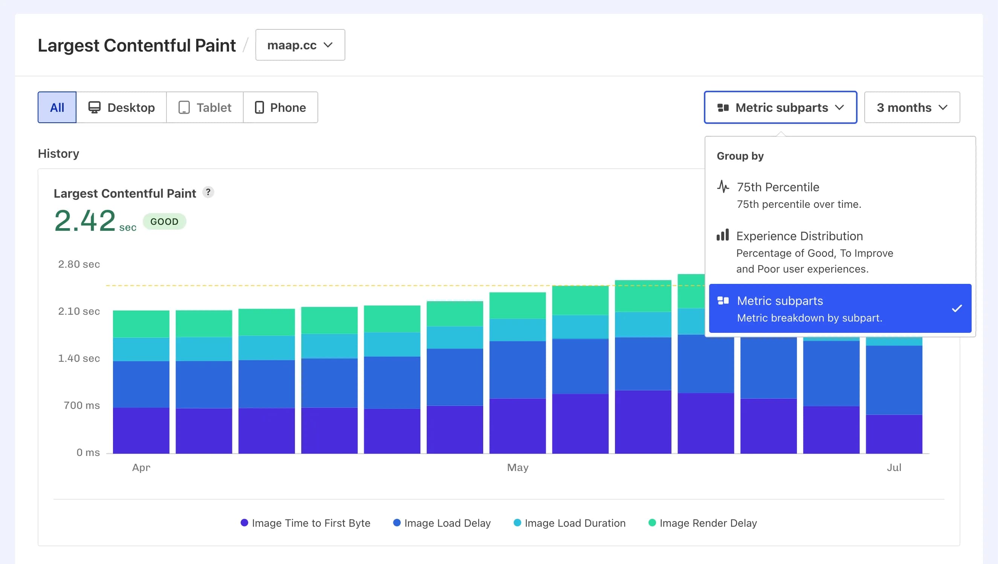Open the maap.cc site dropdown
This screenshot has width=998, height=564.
coord(300,45)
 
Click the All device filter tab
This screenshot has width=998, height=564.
coord(57,107)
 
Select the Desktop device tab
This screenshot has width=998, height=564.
coord(121,107)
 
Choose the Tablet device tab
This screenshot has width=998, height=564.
coord(204,107)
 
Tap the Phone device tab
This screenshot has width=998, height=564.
coord(281,107)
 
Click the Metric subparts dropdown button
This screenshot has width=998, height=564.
coord(780,107)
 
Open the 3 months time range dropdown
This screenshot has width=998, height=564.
coord(912,107)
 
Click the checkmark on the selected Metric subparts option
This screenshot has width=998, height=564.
coord(957,308)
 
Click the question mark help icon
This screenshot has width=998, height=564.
coord(208,192)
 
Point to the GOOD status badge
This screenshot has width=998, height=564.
coord(164,221)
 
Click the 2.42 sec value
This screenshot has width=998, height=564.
coord(85,221)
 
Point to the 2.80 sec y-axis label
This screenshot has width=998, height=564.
coord(79,264)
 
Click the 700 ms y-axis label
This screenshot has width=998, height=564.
coord(81,405)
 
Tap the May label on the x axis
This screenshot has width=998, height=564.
coord(517,467)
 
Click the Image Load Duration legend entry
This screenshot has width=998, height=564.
coord(569,523)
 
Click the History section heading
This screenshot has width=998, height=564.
coord(58,153)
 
